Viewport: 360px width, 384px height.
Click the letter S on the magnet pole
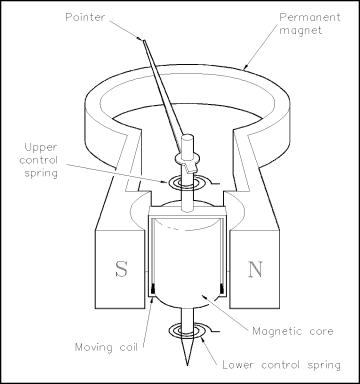(121, 269)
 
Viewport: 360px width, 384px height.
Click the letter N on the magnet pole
(255, 269)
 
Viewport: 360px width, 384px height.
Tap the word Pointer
(84, 17)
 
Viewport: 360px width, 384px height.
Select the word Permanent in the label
(310, 17)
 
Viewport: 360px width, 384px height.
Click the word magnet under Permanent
(300, 30)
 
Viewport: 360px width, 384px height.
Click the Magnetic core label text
(293, 331)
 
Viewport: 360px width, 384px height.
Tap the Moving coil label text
(106, 347)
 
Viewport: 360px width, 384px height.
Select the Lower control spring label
(281, 365)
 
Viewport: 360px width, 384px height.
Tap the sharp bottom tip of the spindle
(187, 364)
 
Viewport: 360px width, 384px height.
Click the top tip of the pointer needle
(144, 40)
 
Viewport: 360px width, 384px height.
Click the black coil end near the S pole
(153, 288)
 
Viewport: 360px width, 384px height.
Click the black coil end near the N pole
(221, 288)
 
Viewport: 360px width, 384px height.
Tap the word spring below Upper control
(41, 173)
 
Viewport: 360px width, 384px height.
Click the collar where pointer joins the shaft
(186, 161)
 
